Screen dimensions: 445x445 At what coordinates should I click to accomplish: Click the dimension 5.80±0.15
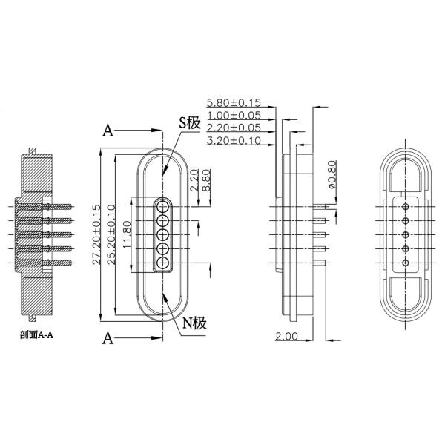point(234,103)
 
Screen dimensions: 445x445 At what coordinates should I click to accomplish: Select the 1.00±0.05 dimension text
point(234,116)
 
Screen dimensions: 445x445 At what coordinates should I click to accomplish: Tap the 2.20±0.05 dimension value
point(234,128)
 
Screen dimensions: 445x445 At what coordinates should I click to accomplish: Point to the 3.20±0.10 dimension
point(234,140)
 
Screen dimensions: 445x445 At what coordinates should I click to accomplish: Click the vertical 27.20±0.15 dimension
point(96,234)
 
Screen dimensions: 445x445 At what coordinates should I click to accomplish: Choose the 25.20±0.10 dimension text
point(111,234)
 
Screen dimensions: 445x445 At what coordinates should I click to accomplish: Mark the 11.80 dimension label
point(127,234)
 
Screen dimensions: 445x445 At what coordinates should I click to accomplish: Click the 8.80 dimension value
point(206,180)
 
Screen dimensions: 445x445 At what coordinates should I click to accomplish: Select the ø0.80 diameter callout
point(332,174)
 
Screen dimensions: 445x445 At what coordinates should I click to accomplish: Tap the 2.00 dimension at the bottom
point(286,337)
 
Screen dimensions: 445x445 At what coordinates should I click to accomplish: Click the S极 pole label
point(189,123)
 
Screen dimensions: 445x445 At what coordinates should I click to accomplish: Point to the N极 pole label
point(194,323)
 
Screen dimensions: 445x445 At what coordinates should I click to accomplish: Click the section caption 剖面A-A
point(36,335)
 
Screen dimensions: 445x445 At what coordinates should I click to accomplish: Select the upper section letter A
point(108,131)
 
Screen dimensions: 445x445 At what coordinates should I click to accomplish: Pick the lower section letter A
point(108,338)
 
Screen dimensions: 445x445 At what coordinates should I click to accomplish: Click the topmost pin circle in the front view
point(163,206)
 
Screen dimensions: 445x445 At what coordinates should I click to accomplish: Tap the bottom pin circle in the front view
point(163,263)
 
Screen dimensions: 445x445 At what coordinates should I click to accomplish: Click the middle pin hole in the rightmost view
point(406,234)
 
